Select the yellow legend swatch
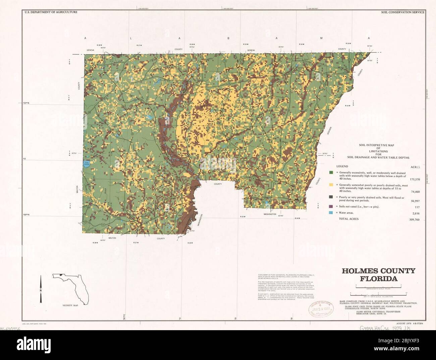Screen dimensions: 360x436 [x=331, y=185]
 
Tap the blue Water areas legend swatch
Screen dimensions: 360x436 [x=331, y=213]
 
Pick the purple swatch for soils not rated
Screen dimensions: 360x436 [x=331, y=206]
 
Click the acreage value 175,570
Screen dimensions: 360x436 [x=413, y=179]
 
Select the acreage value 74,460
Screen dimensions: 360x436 [x=414, y=192]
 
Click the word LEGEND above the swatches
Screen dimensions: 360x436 [x=342, y=166]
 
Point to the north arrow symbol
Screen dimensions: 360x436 [x=41, y=288]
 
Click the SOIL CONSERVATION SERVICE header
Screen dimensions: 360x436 [x=402, y=12]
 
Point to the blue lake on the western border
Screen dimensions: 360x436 [x=87, y=164]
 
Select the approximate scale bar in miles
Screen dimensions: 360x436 [x=381, y=287]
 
